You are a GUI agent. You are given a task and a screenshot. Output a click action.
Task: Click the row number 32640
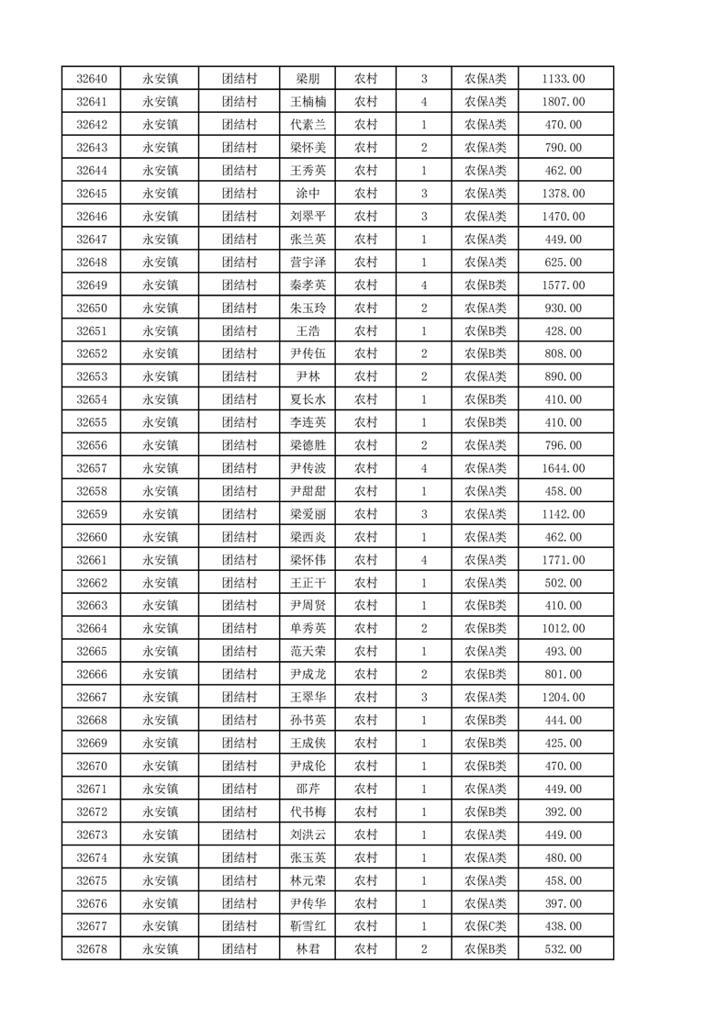92,79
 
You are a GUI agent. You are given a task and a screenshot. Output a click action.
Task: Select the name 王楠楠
308,102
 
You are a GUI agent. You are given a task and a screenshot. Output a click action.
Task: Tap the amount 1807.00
564,102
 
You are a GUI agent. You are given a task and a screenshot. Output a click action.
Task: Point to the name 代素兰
308,125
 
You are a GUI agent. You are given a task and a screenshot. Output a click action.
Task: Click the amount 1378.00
564,194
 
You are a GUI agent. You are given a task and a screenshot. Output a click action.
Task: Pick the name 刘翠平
308,217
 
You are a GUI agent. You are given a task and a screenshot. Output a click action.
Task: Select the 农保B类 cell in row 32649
485,285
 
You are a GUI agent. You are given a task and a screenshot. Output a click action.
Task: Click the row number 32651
92,330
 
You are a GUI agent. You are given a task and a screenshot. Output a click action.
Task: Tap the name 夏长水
308,399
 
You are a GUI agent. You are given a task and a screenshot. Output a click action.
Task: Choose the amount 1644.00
564,468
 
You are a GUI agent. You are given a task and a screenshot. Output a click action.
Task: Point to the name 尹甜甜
308,491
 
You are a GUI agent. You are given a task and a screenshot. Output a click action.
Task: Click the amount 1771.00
564,560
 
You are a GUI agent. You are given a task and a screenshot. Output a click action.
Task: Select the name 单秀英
308,629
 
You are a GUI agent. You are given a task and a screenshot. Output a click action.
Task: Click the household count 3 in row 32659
423,514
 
